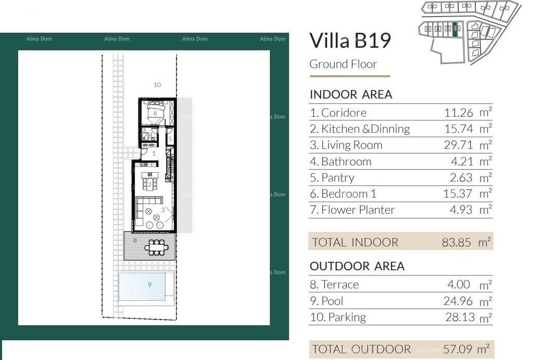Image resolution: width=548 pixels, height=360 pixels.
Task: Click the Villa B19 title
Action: tap(350, 40)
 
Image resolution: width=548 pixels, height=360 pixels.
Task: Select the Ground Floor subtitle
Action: tap(343, 64)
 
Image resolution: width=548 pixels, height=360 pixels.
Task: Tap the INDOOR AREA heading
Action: tap(351, 94)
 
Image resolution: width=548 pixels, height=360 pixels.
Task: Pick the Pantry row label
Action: tap(332, 177)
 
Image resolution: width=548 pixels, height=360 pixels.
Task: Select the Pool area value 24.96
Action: tap(458, 301)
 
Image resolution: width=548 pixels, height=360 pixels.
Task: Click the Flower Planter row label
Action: tap(352, 210)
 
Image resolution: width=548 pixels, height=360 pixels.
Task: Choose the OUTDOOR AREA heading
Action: tap(357, 266)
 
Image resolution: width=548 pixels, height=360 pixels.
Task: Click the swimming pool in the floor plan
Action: tap(142, 285)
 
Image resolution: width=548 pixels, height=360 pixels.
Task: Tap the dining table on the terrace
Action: tap(156, 247)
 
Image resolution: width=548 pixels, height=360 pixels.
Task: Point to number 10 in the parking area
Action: tap(157, 85)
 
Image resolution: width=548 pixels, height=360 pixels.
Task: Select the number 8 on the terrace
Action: tap(135, 240)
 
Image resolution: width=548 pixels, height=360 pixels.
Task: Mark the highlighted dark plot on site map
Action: tap(456, 30)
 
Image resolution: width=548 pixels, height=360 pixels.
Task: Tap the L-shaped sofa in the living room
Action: tap(141, 210)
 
